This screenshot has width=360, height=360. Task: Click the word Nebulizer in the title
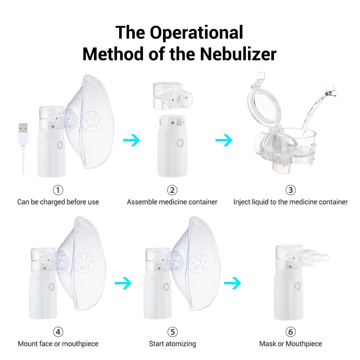[238, 54]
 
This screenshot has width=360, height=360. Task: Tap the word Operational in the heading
[197, 32]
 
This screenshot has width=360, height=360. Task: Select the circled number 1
[58, 190]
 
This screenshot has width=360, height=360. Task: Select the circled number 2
[172, 190]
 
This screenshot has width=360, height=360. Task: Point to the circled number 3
[290, 190]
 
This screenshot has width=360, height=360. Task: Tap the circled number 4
[58, 332]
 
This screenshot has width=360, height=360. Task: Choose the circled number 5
[172, 332]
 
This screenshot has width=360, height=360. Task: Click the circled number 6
[290, 332]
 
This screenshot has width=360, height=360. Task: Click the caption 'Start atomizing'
[172, 344]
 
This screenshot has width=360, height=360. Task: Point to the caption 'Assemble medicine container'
[172, 202]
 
